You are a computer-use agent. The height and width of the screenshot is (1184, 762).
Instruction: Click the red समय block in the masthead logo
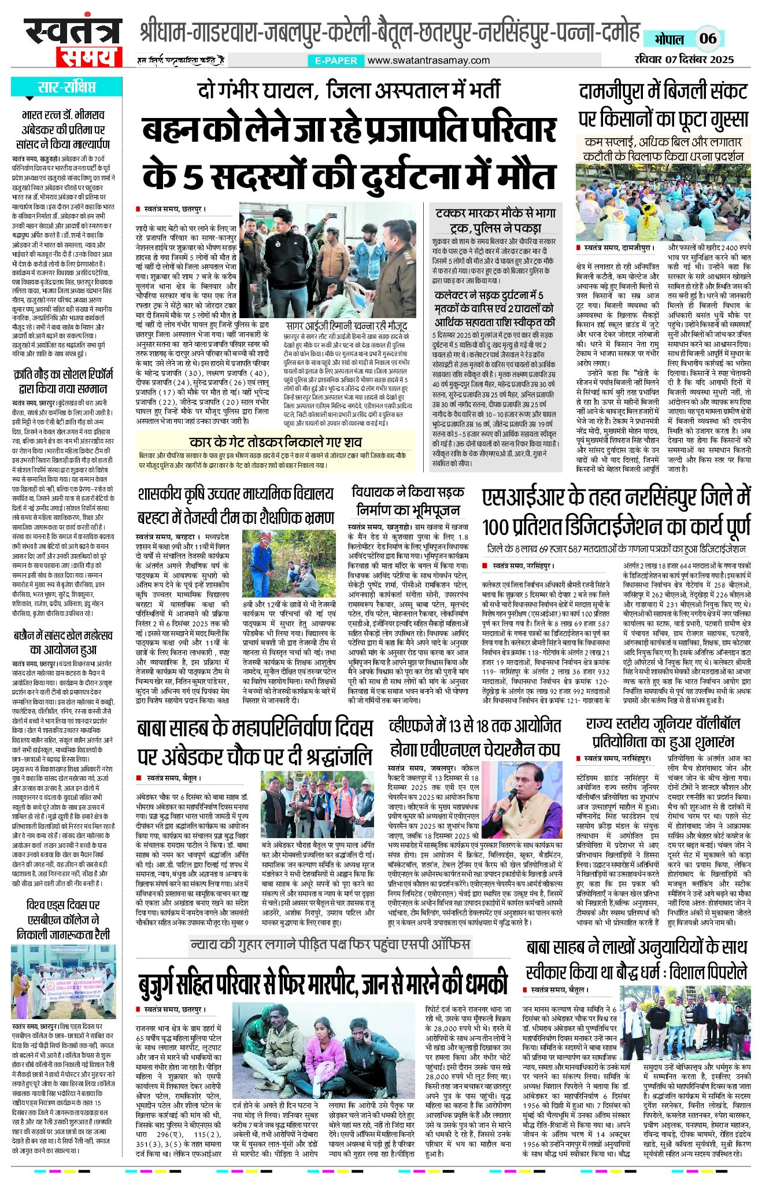(x=88, y=56)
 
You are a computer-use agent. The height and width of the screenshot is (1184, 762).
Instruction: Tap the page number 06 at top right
(x=708, y=39)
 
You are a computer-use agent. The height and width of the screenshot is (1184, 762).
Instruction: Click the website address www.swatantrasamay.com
(x=428, y=60)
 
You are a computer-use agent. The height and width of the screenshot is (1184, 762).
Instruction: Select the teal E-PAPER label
(x=336, y=60)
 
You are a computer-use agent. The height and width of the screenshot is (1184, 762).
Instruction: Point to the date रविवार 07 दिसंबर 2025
(x=683, y=59)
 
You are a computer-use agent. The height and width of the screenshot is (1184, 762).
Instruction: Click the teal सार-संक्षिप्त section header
(x=66, y=87)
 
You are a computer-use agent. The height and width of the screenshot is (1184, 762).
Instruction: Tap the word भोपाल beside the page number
(x=669, y=39)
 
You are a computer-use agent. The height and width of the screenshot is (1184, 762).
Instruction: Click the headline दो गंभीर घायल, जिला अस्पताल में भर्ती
(x=349, y=91)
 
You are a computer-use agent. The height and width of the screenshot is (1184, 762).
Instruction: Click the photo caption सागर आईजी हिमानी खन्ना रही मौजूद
(x=346, y=326)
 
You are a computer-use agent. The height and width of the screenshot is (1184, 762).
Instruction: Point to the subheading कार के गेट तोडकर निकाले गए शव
(x=275, y=442)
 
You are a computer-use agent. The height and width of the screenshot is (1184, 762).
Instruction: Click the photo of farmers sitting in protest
(x=663, y=202)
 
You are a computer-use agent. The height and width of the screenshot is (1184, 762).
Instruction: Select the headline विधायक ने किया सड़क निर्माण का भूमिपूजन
(x=408, y=501)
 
